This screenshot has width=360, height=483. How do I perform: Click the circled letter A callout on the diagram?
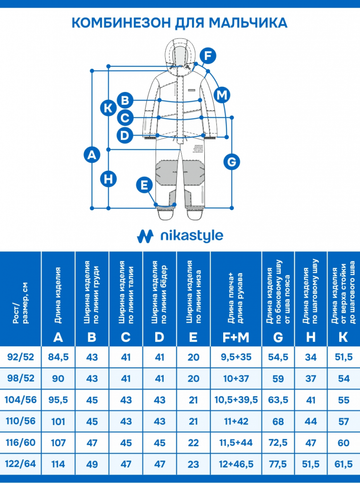coord(92,154)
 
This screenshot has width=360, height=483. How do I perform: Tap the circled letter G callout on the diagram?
coord(231,161)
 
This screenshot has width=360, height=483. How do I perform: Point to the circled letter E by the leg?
coord(144,184)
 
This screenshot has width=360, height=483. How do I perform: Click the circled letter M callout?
coord(221,95)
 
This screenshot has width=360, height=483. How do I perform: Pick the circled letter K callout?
coord(109,108)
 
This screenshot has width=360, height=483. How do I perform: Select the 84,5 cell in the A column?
coord(59,357)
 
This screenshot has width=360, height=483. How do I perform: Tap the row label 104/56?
coord(20,400)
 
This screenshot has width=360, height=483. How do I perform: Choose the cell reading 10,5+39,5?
coord(236,400)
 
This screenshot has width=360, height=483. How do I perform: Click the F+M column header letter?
coord(236,337)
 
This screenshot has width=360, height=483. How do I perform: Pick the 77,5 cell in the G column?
coord(278,464)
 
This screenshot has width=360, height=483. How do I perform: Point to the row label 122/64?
coord(20,464)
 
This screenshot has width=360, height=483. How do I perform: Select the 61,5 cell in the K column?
coord(343,464)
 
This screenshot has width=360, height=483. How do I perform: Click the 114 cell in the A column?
coord(59,464)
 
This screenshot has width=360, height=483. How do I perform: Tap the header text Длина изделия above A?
coord(58,295)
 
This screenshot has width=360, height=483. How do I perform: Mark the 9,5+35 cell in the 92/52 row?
coord(236,357)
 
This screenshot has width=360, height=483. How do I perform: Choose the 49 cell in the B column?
coord(92,464)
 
